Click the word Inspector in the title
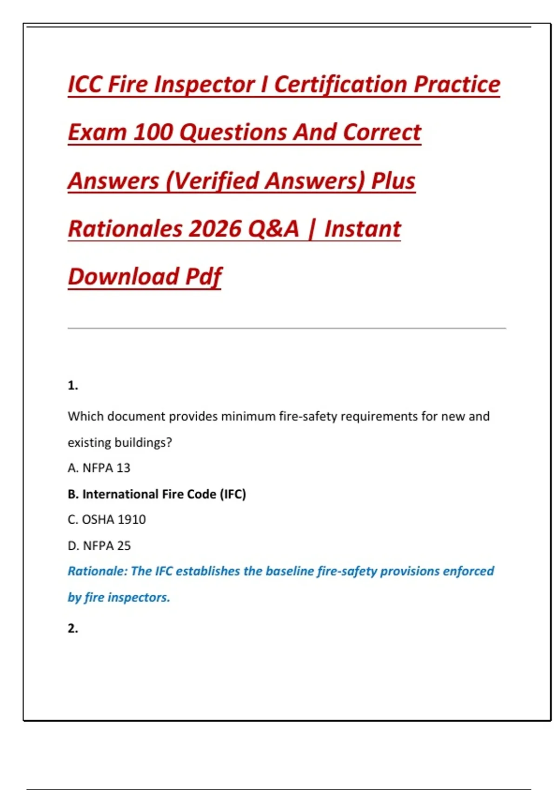coord(204,85)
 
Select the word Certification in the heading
coord(340,85)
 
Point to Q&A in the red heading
coord(273,229)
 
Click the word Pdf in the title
coord(204,277)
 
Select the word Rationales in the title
coord(126,229)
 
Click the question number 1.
coord(73,385)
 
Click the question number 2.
coord(73,628)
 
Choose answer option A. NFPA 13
coord(99,468)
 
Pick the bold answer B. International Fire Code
coord(157,494)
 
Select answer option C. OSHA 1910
coord(106,520)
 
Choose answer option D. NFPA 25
coord(99,546)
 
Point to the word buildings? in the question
coord(143,442)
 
